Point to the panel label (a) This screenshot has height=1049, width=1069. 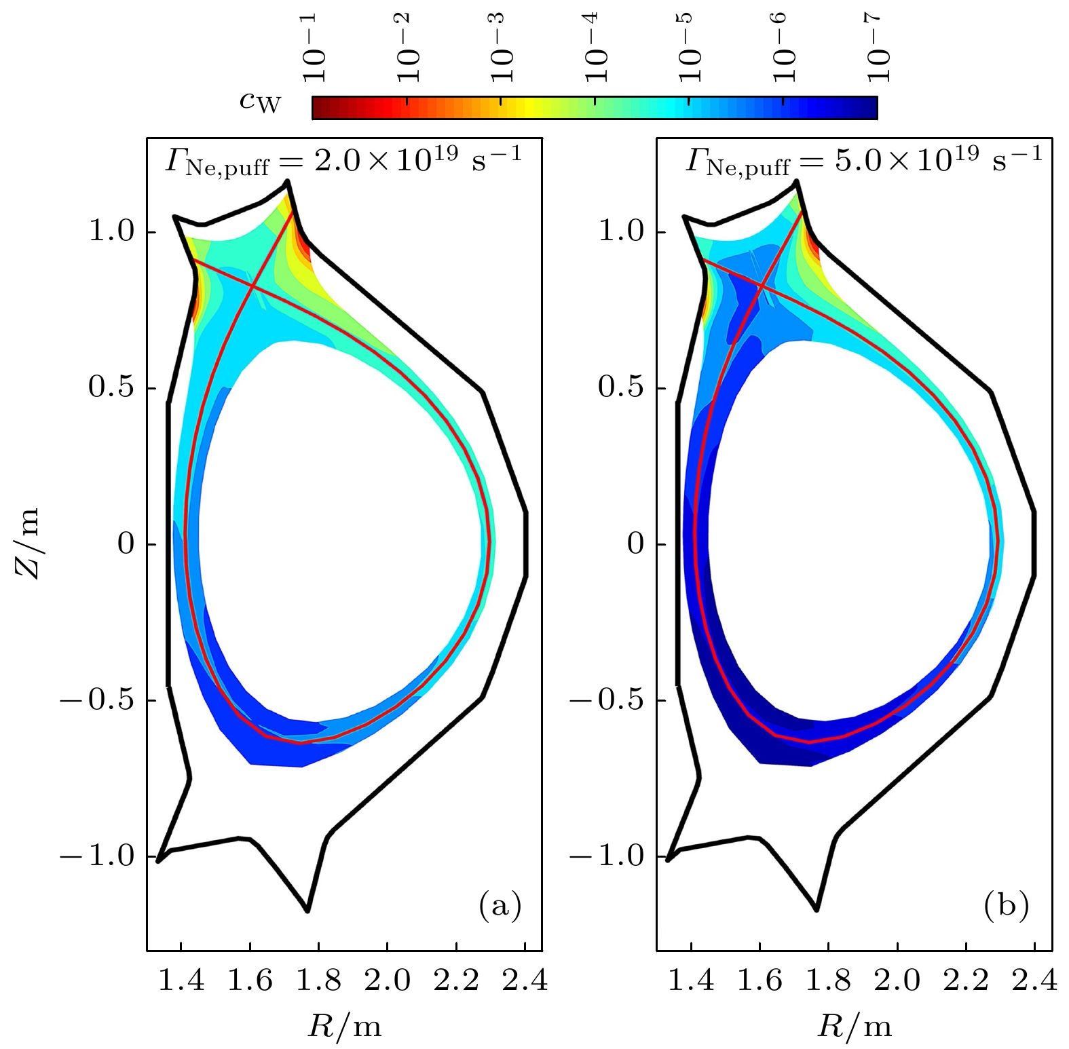tap(500, 905)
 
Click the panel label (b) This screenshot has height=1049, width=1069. tap(1007, 905)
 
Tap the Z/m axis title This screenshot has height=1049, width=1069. tap(28, 543)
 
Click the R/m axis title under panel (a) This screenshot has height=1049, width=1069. tap(345, 1026)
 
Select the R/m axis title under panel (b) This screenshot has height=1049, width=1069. tap(855, 1026)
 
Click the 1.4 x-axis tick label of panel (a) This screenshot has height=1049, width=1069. tap(181, 980)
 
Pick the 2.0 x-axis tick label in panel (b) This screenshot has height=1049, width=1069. tap(897, 980)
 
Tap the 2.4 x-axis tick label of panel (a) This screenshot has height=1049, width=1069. tap(525, 980)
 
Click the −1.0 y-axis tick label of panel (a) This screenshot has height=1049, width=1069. tap(98, 856)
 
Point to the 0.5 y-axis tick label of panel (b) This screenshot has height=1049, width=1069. tap(620, 387)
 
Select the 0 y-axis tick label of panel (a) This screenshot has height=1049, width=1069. tap(126, 543)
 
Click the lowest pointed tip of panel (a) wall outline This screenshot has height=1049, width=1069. tap(307, 911)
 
